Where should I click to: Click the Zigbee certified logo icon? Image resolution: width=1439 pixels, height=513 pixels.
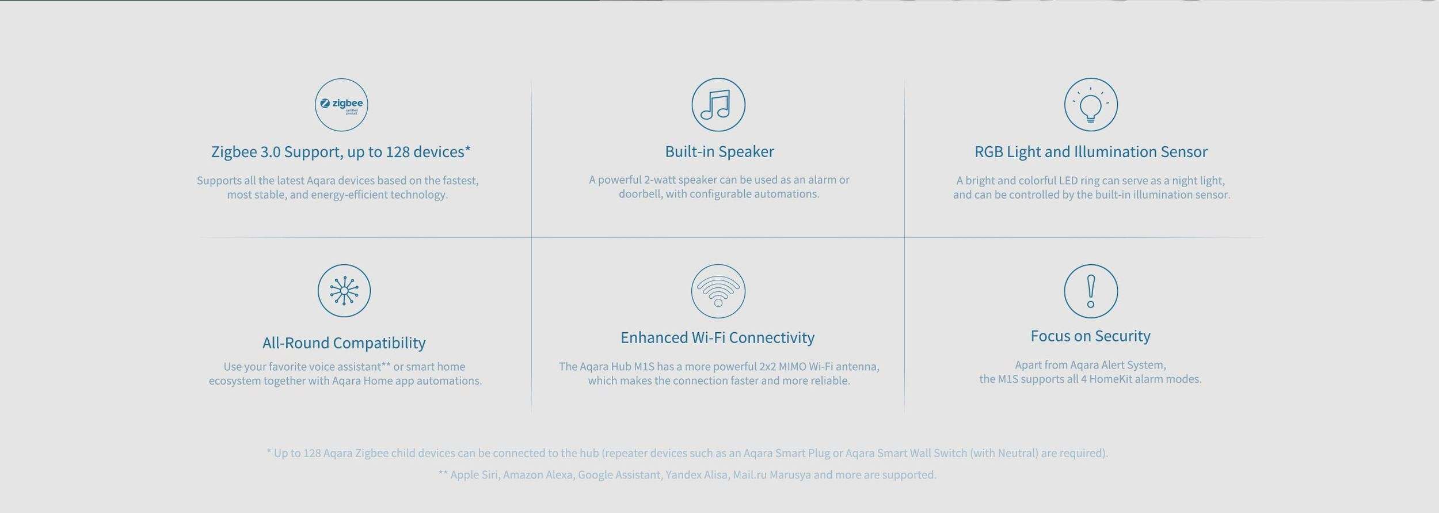point(341,105)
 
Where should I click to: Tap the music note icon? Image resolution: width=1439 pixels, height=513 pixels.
point(718,105)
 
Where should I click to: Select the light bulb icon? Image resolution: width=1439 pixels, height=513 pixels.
point(1091,105)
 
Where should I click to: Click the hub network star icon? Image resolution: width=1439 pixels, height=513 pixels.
point(344,291)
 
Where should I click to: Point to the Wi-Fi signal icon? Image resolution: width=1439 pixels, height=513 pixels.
point(718,291)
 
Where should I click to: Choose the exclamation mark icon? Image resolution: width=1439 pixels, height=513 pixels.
point(1091,291)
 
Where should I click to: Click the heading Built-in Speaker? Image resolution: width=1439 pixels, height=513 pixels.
point(719,151)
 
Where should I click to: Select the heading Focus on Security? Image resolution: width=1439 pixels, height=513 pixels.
point(1090,336)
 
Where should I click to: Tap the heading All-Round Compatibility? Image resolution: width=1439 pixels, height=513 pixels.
point(344,343)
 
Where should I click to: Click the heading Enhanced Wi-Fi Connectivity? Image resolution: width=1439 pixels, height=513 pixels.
point(717,337)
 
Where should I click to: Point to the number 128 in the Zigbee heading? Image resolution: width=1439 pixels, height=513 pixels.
point(398,151)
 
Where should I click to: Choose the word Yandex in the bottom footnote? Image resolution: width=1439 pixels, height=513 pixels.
point(683,475)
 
